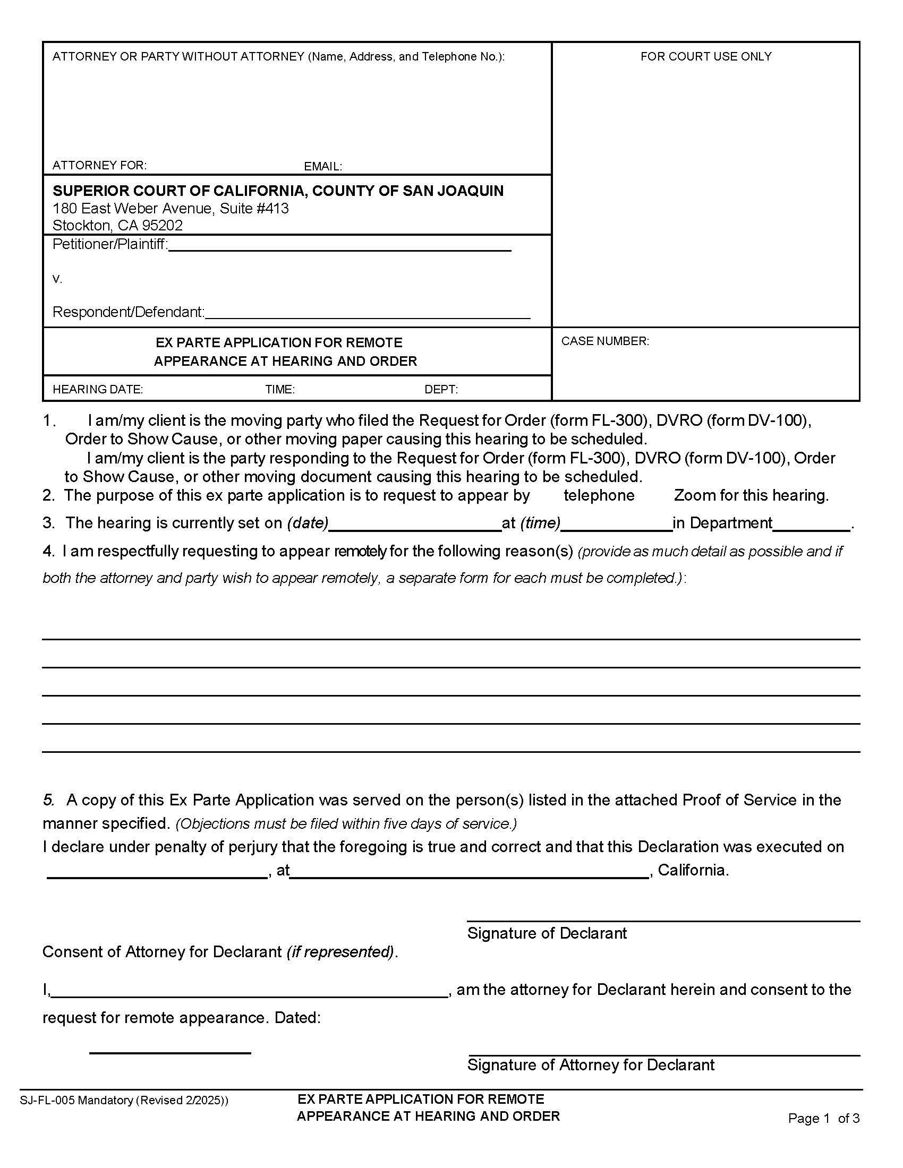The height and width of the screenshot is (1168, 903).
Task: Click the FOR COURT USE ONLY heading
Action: [705, 56]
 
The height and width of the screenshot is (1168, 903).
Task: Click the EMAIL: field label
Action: [322, 166]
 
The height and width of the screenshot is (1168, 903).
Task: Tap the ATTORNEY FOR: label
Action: [99, 165]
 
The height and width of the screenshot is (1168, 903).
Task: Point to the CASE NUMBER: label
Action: [604, 341]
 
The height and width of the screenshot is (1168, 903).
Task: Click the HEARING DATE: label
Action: [97, 389]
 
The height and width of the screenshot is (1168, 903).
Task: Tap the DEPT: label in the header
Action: [441, 389]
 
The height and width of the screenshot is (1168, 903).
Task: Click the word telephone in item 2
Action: [599, 495]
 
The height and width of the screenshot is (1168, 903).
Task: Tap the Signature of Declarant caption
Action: [546, 933]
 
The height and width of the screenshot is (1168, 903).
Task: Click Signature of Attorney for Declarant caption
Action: [591, 1064]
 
